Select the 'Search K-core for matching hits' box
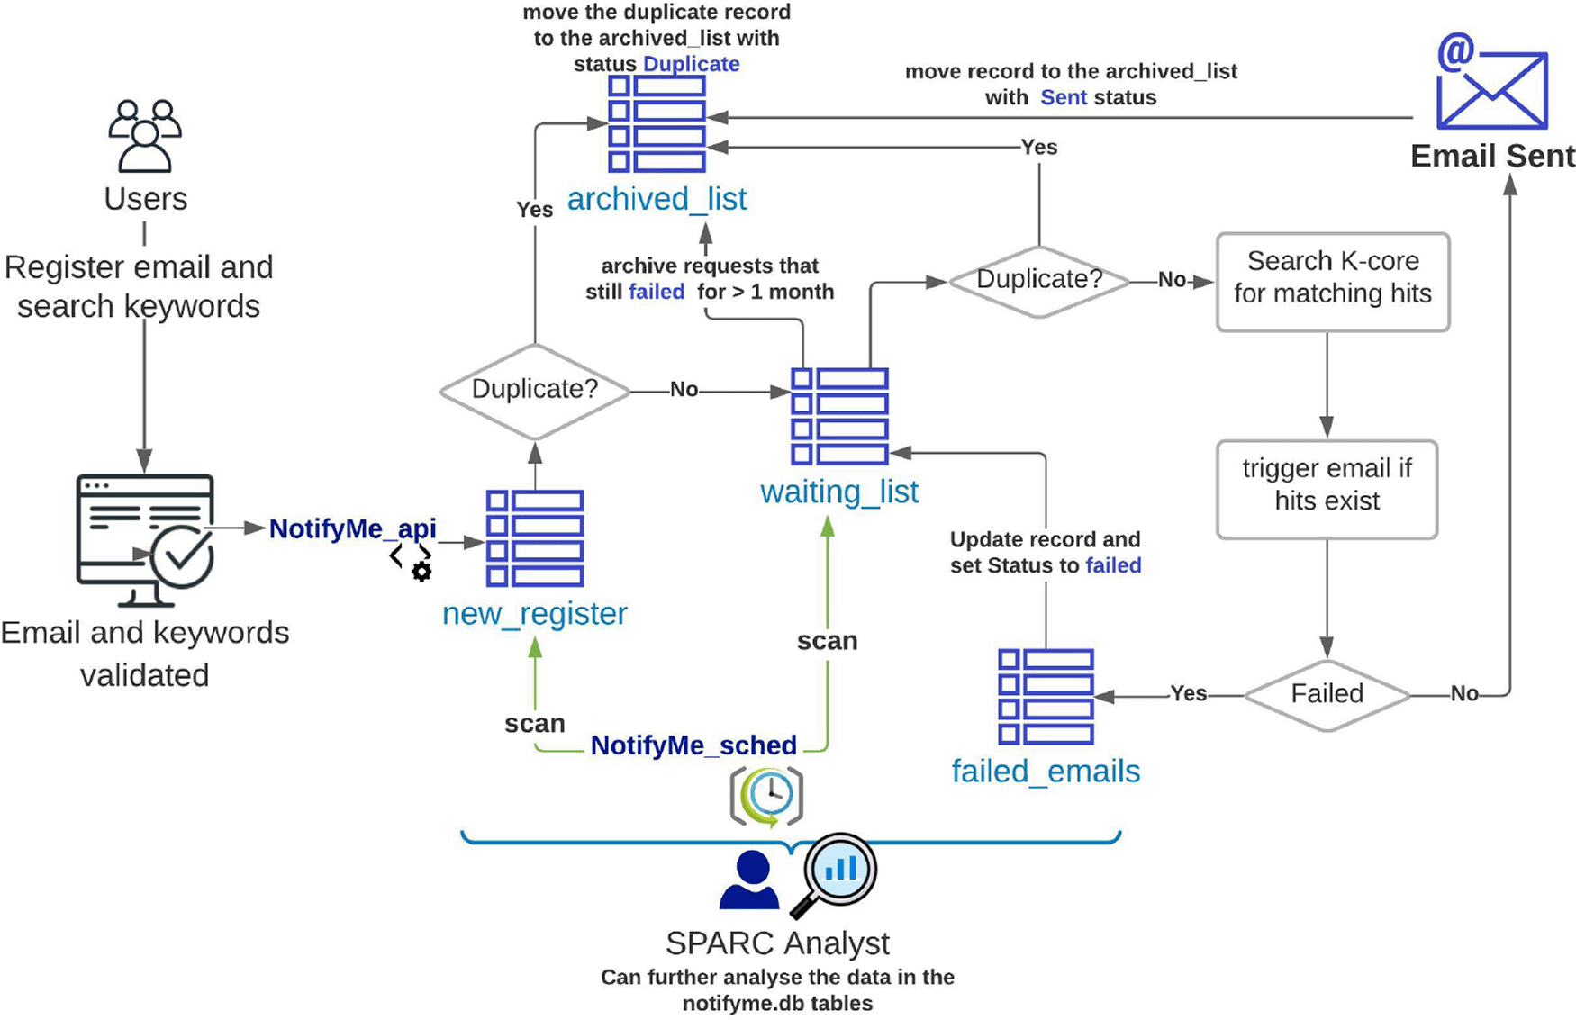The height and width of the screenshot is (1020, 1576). coord(1332,282)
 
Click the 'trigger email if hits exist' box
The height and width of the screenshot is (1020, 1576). coord(1326,489)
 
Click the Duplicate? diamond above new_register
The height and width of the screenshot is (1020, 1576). coord(534,391)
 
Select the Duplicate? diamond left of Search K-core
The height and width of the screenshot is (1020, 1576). coord(1038,281)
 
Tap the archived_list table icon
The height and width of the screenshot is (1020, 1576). coord(657,123)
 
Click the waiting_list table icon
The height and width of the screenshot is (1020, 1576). coord(839,416)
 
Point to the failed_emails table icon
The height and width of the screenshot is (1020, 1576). coord(1045,697)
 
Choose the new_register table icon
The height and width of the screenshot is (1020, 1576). coord(534,537)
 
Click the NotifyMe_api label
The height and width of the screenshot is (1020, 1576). coord(352,528)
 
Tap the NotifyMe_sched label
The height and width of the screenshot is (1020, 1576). coord(693,745)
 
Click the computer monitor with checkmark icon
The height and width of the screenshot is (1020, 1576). coord(146,538)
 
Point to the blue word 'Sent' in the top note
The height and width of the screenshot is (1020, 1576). coord(1064,97)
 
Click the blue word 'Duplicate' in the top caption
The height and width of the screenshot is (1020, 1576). coord(691,64)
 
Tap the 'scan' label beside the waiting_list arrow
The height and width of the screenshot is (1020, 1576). coord(827,641)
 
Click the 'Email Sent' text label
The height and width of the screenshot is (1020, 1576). coord(1491,156)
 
